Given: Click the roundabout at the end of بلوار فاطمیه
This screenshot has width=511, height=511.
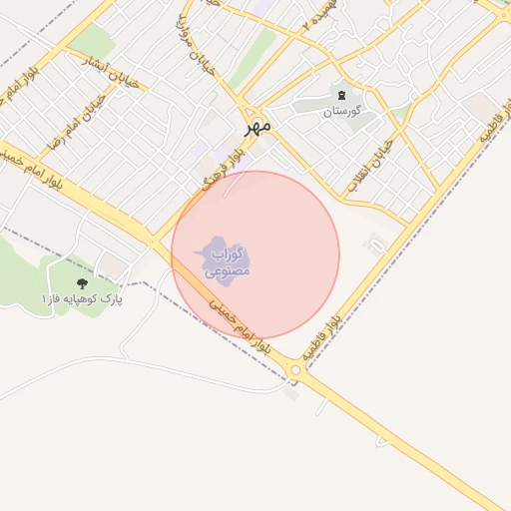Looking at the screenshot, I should coord(297,371).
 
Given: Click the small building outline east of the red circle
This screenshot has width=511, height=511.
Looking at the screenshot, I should coord(377,243).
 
